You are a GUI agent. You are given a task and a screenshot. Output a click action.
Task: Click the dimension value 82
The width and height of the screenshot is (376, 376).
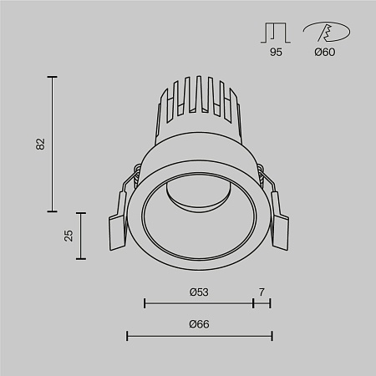(x=39, y=144)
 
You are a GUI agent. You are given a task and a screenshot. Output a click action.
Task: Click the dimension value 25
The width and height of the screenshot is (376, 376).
(x=69, y=235)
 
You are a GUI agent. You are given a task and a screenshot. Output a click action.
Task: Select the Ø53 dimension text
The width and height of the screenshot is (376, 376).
(x=199, y=292)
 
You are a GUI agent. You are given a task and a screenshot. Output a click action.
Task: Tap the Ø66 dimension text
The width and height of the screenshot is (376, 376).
(x=199, y=324)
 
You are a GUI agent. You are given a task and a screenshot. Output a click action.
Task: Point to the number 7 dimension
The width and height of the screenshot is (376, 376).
(x=262, y=292)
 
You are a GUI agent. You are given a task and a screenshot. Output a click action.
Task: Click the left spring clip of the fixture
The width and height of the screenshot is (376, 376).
(x=119, y=224)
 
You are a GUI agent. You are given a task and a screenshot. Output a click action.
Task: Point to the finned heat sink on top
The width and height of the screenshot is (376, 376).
(x=197, y=104)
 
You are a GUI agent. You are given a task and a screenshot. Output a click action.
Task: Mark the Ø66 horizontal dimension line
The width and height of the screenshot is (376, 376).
(x=199, y=336)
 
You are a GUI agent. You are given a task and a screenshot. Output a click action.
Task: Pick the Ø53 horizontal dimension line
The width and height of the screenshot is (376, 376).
(x=199, y=302)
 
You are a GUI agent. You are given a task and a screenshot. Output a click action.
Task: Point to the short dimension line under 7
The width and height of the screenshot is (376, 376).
(x=262, y=302)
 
